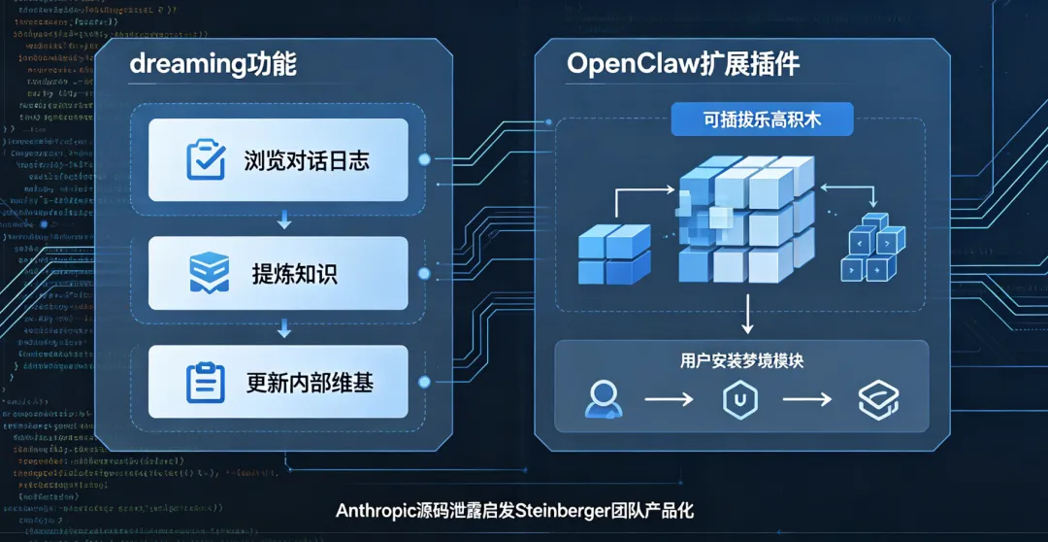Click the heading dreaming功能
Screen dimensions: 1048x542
click(x=213, y=64)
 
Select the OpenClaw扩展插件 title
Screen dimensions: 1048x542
click(x=683, y=64)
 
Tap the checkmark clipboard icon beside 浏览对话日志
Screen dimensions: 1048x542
click(x=205, y=160)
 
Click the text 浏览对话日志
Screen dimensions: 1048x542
click(x=307, y=160)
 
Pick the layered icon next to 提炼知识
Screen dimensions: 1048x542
click(x=209, y=273)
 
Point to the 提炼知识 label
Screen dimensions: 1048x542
click(x=294, y=274)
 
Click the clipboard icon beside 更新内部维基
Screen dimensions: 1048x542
click(x=205, y=383)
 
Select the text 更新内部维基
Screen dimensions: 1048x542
click(x=310, y=383)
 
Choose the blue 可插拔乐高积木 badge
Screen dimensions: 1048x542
click(x=761, y=119)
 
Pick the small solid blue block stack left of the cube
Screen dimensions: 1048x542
click(x=614, y=254)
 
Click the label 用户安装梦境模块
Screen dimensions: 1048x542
click(x=741, y=360)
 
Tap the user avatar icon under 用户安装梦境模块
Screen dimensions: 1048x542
click(x=603, y=399)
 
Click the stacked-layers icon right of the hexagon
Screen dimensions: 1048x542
click(x=878, y=400)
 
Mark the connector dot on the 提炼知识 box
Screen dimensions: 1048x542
click(x=424, y=274)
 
